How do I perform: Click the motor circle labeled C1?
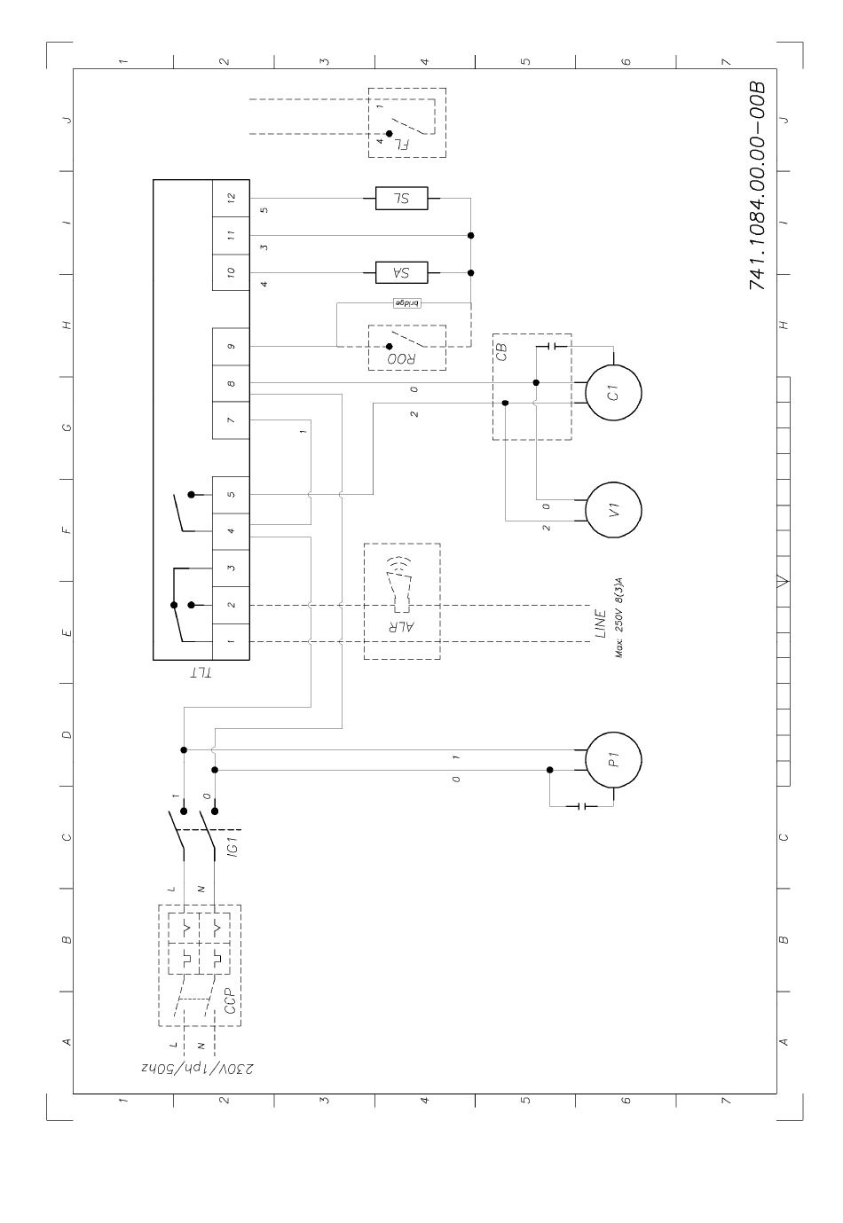pos(613,394)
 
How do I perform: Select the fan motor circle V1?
pos(613,510)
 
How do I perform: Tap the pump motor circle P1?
pos(613,759)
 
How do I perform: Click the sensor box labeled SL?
pos(401,199)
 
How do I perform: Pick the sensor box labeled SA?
pos(401,272)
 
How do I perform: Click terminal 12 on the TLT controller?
pos(231,199)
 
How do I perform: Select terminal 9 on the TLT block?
pos(231,346)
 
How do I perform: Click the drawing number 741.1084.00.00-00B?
pos(756,187)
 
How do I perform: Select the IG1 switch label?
pos(231,858)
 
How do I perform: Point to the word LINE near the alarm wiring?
pos(601,623)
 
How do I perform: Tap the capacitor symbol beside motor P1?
pos(582,806)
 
